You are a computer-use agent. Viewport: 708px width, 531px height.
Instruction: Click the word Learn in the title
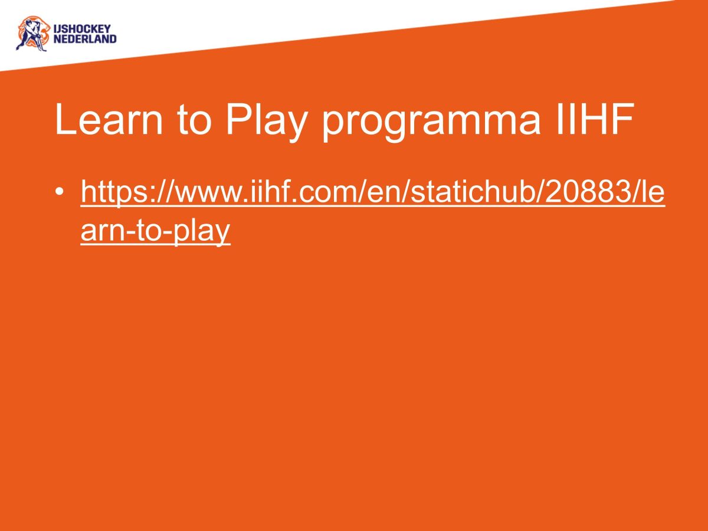109,119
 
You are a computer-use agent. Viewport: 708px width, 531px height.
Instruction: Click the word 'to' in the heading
195,120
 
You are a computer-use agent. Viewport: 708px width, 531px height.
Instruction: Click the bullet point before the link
60,192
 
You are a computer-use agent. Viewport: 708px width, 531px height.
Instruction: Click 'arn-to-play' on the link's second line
156,231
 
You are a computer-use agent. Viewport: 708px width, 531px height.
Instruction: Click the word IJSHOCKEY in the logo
82,29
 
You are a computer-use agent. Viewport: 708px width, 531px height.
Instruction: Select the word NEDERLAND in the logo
85,40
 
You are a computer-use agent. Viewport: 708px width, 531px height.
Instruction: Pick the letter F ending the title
622,119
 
